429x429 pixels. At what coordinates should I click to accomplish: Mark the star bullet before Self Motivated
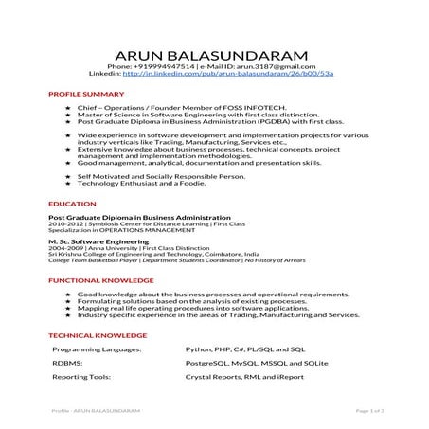point(69,175)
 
